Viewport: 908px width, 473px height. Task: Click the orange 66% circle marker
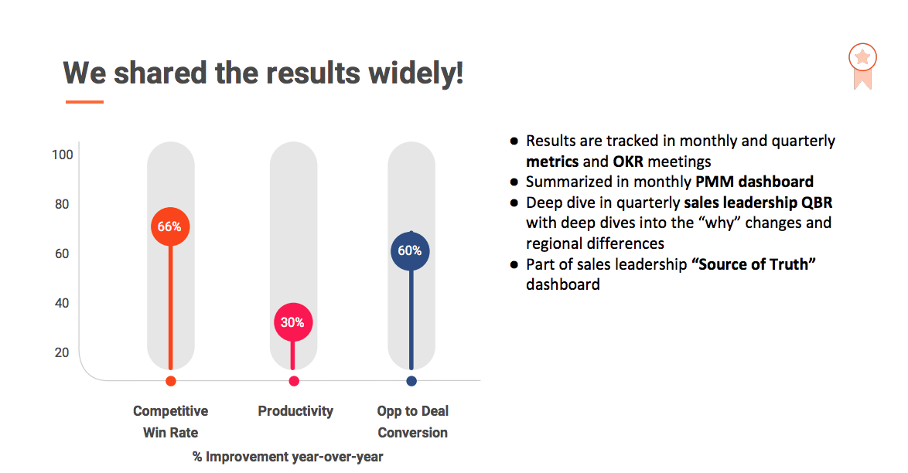coord(170,226)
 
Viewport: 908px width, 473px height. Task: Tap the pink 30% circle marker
coord(293,322)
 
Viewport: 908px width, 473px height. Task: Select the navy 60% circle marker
coord(410,250)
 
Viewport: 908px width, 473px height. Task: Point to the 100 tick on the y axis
coord(63,155)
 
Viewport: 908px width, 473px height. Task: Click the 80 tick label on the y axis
coord(62,204)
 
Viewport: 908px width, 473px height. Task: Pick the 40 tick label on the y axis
coord(62,303)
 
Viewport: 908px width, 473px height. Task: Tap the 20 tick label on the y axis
coord(62,352)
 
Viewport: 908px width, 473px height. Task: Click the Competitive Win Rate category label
coord(170,421)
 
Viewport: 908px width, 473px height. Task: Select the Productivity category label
coord(295,411)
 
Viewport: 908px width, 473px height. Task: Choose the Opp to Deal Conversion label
coord(413,421)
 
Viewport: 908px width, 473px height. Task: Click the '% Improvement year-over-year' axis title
coord(288,457)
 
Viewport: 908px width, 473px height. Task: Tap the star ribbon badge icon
coord(863,66)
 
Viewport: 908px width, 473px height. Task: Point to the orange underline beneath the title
coord(84,102)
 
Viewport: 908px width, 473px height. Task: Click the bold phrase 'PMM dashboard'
coord(755,182)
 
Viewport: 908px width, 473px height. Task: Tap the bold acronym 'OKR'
coord(628,162)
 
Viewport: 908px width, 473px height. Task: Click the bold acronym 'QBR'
coord(817,202)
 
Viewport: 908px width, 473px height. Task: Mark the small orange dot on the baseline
coord(170,381)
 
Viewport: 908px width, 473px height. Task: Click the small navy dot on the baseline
coord(411,381)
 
